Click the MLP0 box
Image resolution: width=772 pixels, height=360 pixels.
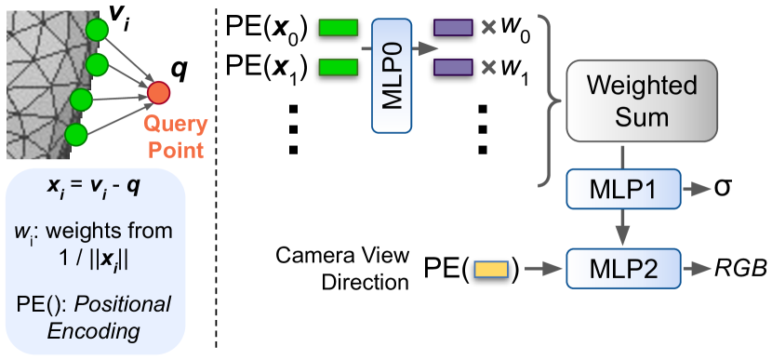point(392,74)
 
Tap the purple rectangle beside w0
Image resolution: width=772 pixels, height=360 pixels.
point(453,27)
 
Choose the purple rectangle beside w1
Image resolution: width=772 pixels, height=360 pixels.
point(453,67)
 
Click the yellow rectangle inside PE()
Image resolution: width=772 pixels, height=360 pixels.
point(487,270)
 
